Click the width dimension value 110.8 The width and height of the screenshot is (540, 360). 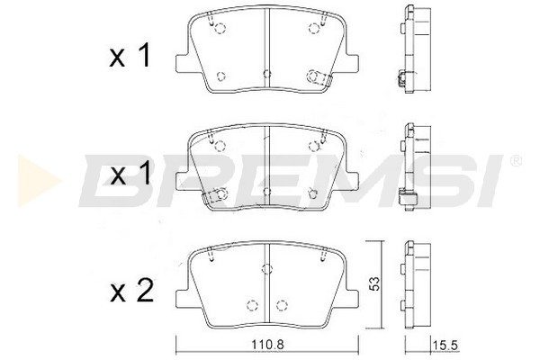coord(267,344)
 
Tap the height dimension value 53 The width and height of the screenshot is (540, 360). coord(375,283)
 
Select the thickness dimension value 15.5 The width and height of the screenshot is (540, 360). coord(445,345)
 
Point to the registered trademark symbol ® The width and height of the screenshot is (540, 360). coord(516,160)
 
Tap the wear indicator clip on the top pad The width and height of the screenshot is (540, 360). coord(319,78)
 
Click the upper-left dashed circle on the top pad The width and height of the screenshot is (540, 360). coord(220,28)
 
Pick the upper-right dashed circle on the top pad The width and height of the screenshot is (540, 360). coord(314,28)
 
